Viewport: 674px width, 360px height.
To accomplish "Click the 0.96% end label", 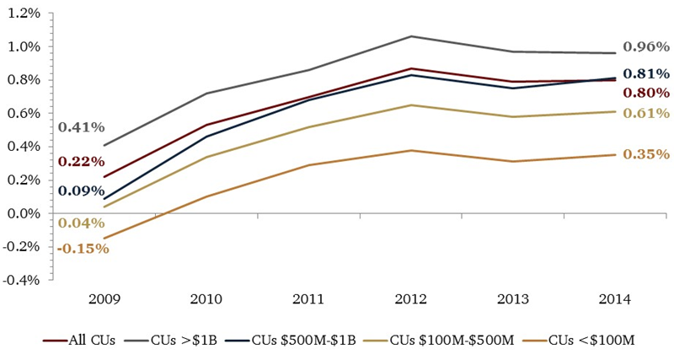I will (x=646, y=46).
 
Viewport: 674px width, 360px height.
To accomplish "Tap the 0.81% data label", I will (x=646, y=73).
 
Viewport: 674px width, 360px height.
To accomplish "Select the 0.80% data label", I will (x=646, y=93).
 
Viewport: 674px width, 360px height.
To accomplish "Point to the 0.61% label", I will (x=646, y=113).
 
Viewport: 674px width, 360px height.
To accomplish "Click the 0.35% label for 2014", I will (x=646, y=154).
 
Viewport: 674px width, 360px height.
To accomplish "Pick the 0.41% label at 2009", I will (x=81, y=127).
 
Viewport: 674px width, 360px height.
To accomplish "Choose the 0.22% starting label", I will (x=81, y=161).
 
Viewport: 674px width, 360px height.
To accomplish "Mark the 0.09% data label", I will (x=81, y=191).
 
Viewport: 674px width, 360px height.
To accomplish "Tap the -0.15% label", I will (x=83, y=248).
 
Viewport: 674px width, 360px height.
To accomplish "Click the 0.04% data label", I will (x=81, y=223).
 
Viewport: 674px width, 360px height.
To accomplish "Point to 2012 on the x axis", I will (x=410, y=299).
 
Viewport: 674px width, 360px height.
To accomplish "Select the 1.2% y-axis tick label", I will (x=23, y=13).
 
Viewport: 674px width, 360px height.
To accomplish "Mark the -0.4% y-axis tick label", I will (x=21, y=281).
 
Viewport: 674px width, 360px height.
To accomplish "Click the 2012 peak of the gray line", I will (x=410, y=36).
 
